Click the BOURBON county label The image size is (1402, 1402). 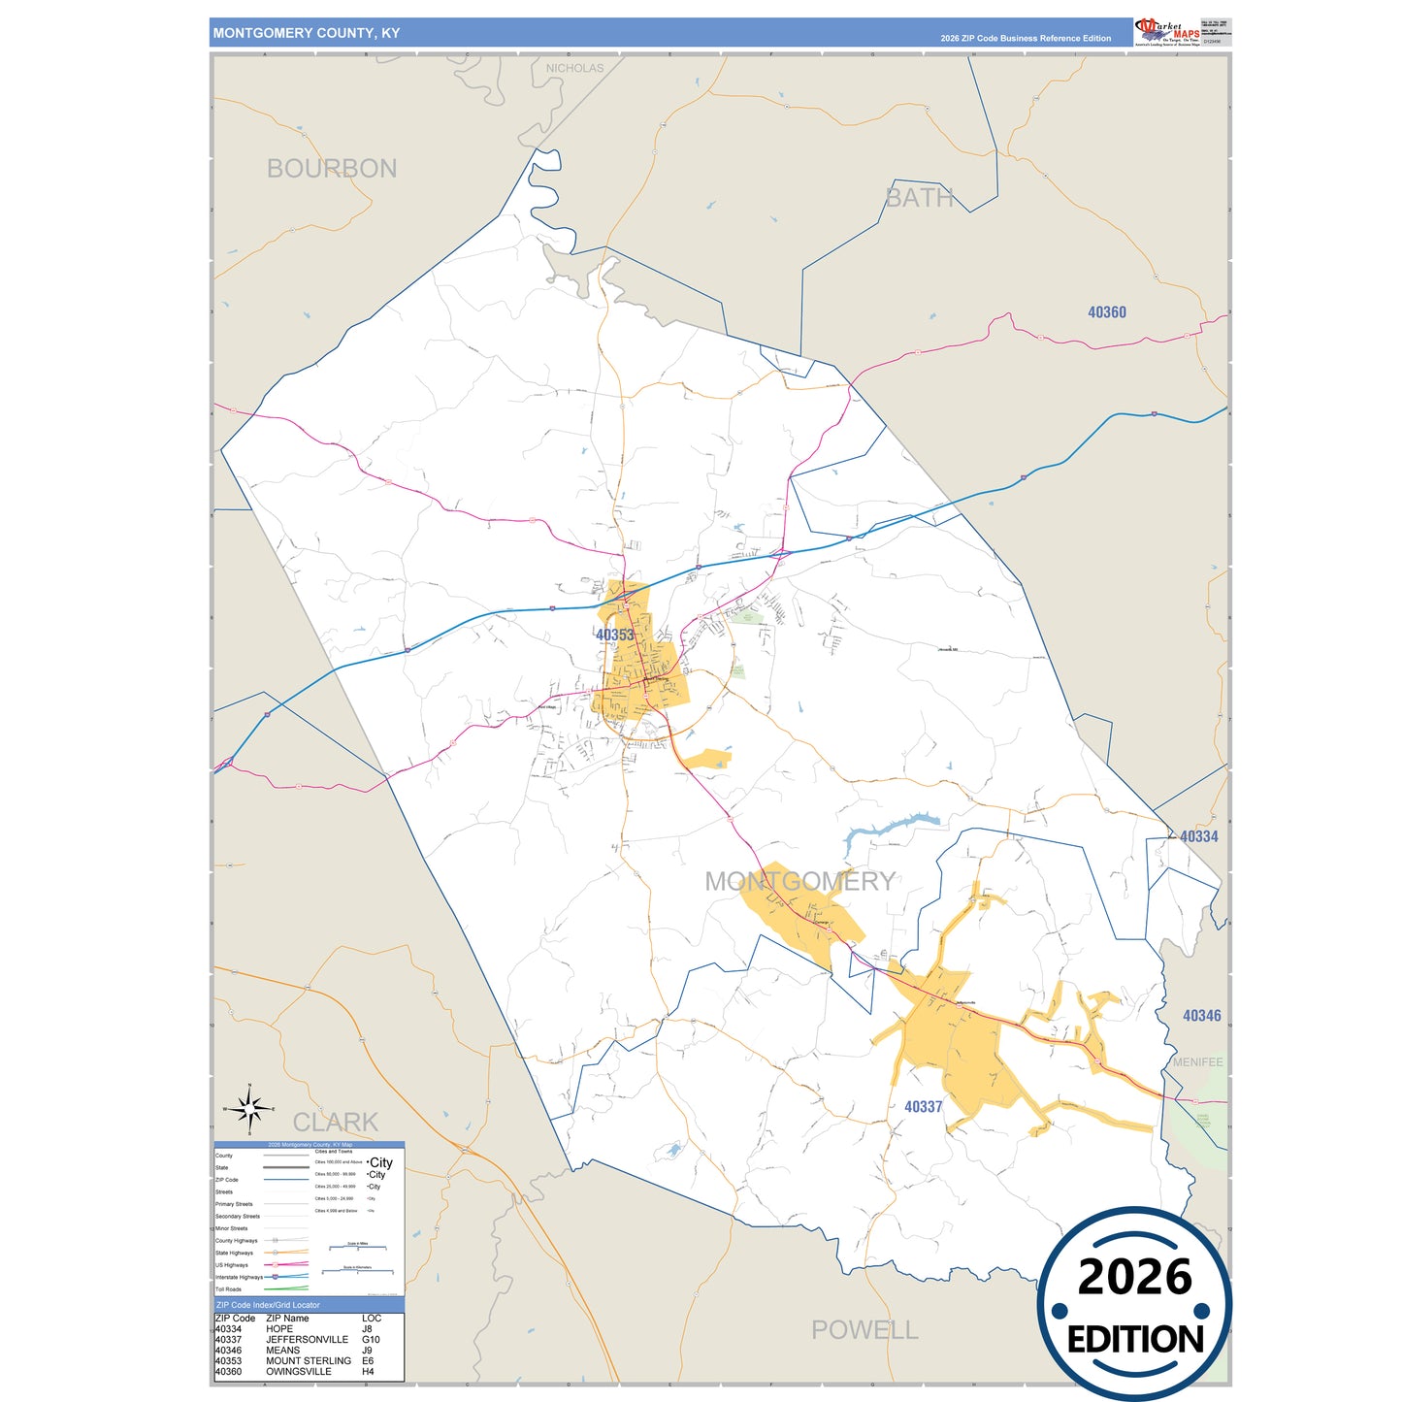[332, 169]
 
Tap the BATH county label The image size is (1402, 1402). [919, 198]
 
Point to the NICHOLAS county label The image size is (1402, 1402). [574, 68]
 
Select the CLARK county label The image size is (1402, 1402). [336, 1123]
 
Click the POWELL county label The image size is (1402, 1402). [864, 1329]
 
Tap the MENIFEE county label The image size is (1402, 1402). [1198, 1062]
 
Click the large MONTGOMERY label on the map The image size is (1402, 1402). [799, 881]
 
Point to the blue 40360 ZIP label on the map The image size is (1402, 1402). [1107, 312]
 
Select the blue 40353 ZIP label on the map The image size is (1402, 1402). [615, 636]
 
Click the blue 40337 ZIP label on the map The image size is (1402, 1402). [924, 1107]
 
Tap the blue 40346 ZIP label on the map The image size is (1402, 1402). [1202, 1016]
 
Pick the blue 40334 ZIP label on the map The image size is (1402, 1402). [1199, 836]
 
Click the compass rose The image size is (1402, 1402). [249, 1108]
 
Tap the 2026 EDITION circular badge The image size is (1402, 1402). [1135, 1304]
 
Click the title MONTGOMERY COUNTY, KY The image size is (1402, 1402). [307, 33]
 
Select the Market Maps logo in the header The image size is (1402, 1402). [1167, 31]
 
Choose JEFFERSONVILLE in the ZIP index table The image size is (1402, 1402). [307, 1340]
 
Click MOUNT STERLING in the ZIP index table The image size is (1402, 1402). [309, 1361]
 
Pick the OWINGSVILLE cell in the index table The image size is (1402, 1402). [299, 1372]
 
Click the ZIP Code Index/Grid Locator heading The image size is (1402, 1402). [268, 1305]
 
